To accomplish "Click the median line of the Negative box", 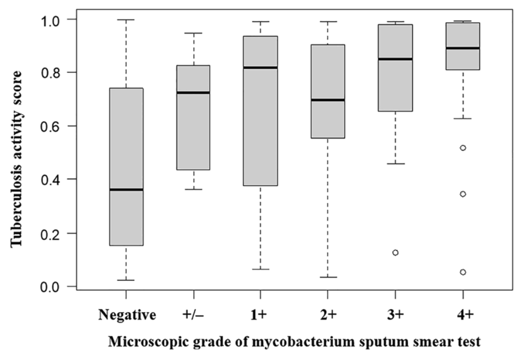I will [x=126, y=190].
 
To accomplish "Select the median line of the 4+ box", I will [x=462, y=48].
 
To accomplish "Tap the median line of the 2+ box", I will [x=328, y=100].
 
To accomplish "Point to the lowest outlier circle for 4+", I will [x=462, y=272].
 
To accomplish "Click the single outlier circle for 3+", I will [x=395, y=252].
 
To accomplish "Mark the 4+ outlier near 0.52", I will [x=462, y=148].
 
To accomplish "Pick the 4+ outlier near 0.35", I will [x=462, y=194].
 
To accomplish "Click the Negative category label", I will [x=126, y=315].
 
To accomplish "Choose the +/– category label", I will [x=193, y=315].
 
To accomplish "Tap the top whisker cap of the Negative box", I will [x=126, y=20].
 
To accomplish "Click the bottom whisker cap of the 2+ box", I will [x=328, y=277].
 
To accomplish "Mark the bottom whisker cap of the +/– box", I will [x=193, y=189].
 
